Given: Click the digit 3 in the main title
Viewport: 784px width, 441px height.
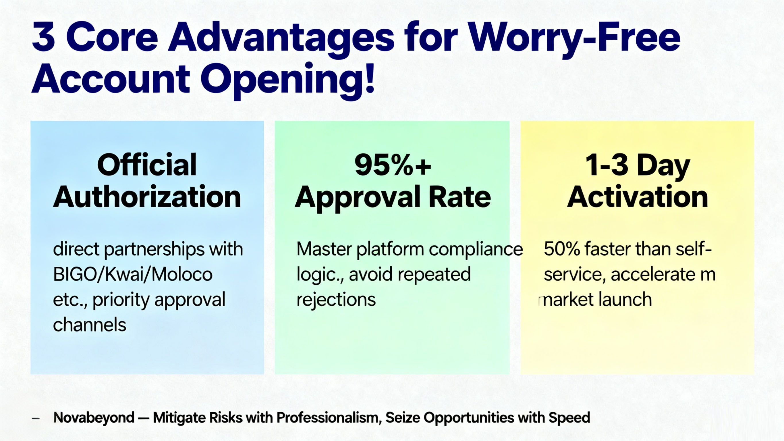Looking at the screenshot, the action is tap(43, 37).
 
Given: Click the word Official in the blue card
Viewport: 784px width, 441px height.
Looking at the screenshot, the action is tap(147, 165).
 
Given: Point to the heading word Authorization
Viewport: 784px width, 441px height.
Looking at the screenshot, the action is tap(147, 197).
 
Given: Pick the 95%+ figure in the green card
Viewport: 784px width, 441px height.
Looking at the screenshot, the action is tap(393, 165).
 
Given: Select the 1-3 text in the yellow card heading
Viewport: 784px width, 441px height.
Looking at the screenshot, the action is tap(606, 165).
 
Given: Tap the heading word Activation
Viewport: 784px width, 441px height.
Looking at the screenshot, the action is tap(637, 197).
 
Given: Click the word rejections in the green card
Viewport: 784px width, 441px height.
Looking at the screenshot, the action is tap(336, 300).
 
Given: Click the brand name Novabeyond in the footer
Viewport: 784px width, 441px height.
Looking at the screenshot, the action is tap(94, 417).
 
